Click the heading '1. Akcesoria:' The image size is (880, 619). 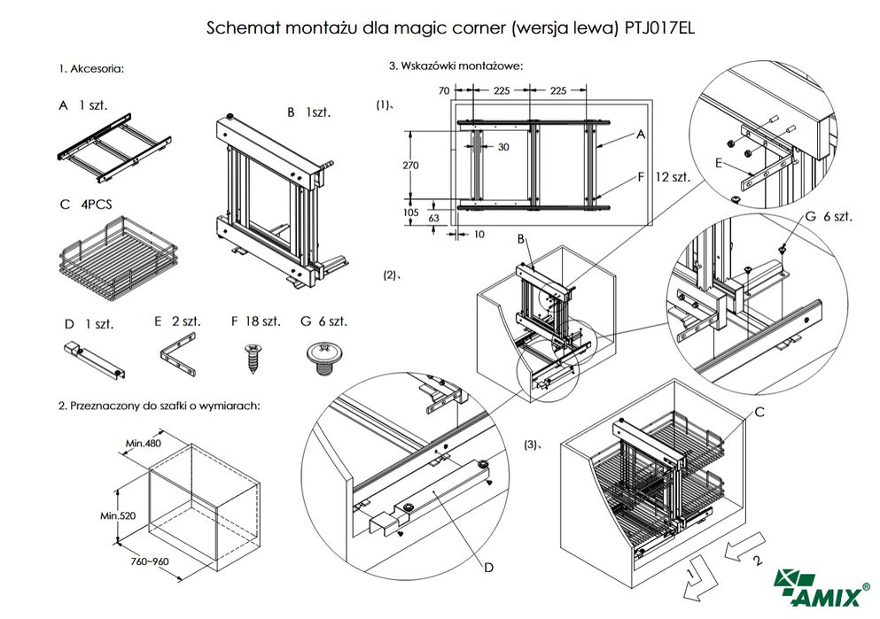point(91,68)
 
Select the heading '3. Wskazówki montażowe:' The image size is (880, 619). point(456,65)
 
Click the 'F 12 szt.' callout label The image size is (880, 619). point(663,177)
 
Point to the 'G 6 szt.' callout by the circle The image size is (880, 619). point(829,218)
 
